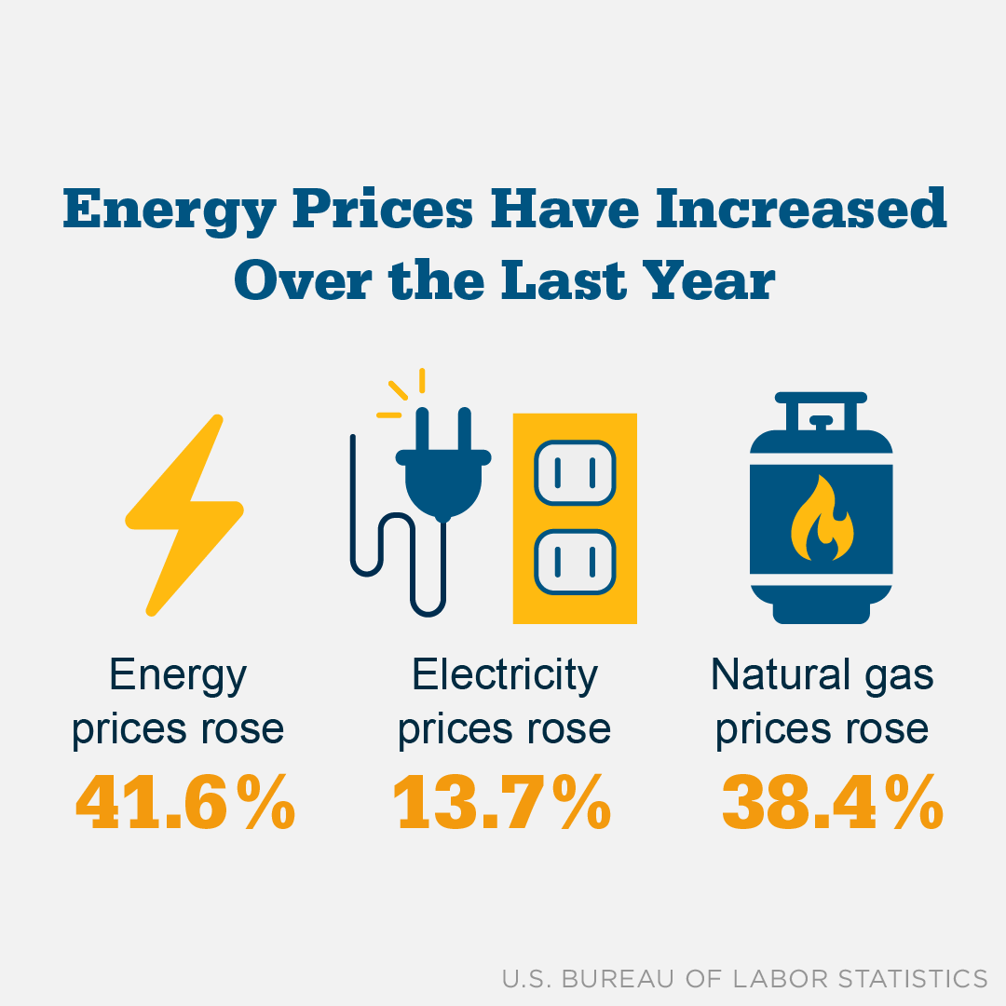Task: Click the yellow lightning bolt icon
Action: pyautogui.click(x=184, y=514)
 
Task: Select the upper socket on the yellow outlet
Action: pyautogui.click(x=575, y=473)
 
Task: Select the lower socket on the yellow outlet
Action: pyautogui.click(x=575, y=562)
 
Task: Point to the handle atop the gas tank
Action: pyautogui.click(x=821, y=409)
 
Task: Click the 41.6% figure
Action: pyautogui.click(x=184, y=804)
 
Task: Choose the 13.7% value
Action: pyautogui.click(x=502, y=804)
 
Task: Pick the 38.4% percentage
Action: pyautogui.click(x=832, y=804)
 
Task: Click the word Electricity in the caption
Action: pyautogui.click(x=504, y=674)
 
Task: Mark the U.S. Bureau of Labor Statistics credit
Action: pyautogui.click(x=744, y=978)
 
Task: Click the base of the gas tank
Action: pyautogui.click(x=821, y=612)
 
